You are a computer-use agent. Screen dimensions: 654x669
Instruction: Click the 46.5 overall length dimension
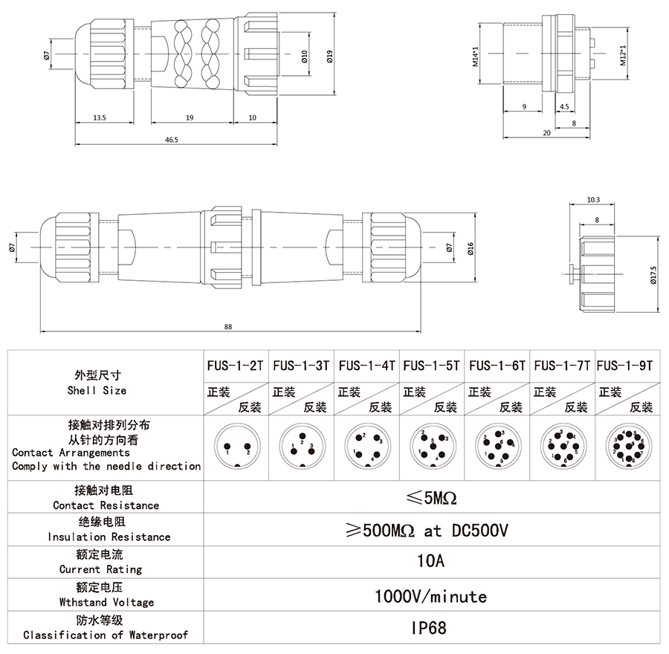pyautogui.click(x=172, y=140)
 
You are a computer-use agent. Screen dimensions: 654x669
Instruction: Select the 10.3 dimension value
pyautogui.click(x=593, y=200)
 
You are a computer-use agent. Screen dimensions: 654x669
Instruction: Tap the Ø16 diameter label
pyautogui.click(x=471, y=247)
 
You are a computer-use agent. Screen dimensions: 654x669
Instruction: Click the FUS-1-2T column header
pyautogui.click(x=235, y=366)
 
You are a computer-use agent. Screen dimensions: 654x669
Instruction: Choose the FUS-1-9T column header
pyautogui.click(x=625, y=366)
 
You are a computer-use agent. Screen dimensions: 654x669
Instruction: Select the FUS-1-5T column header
pyautogui.click(x=431, y=366)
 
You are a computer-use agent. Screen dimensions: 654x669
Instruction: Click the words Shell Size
pyautogui.click(x=97, y=390)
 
